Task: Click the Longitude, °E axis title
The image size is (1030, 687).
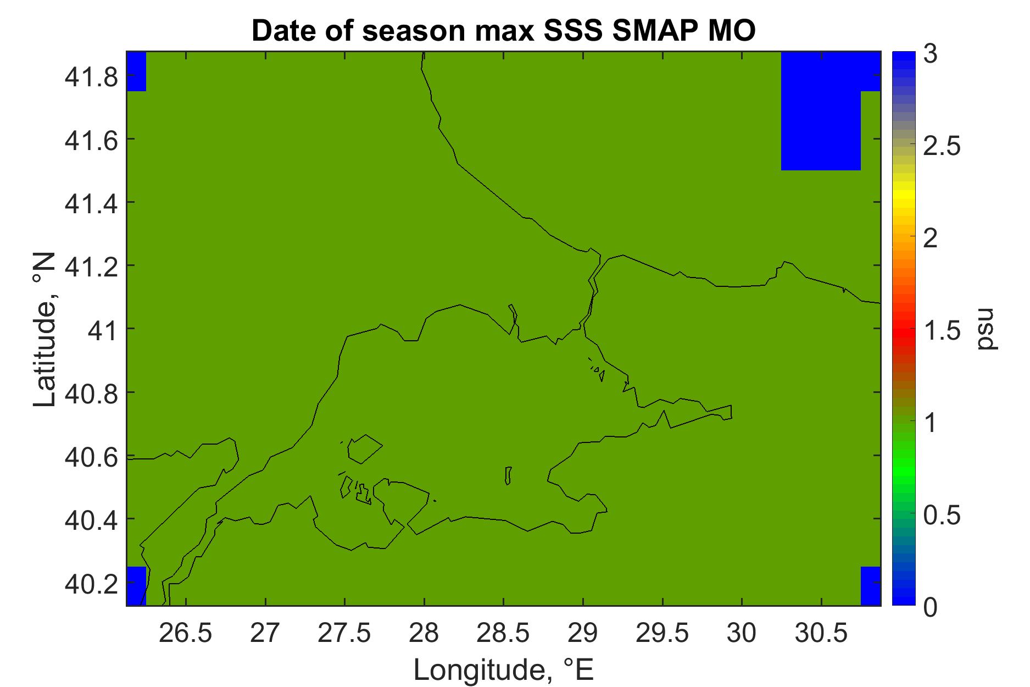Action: tap(503, 668)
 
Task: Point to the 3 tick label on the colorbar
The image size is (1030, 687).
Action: tap(930, 57)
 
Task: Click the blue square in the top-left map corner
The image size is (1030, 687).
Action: tap(136, 71)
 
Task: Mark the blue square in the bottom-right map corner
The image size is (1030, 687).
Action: tap(871, 586)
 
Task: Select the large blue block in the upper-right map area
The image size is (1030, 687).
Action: tap(821, 111)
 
